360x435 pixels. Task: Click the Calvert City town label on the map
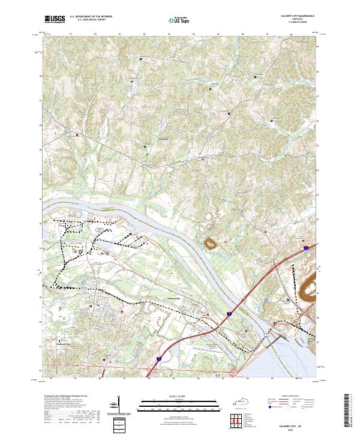coord(64,344)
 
